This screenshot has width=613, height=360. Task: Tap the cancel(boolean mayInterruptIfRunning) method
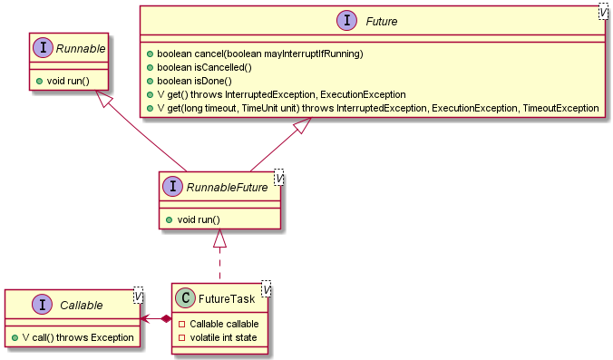coord(258,54)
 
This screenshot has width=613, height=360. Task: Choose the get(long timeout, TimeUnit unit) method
coord(377,108)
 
